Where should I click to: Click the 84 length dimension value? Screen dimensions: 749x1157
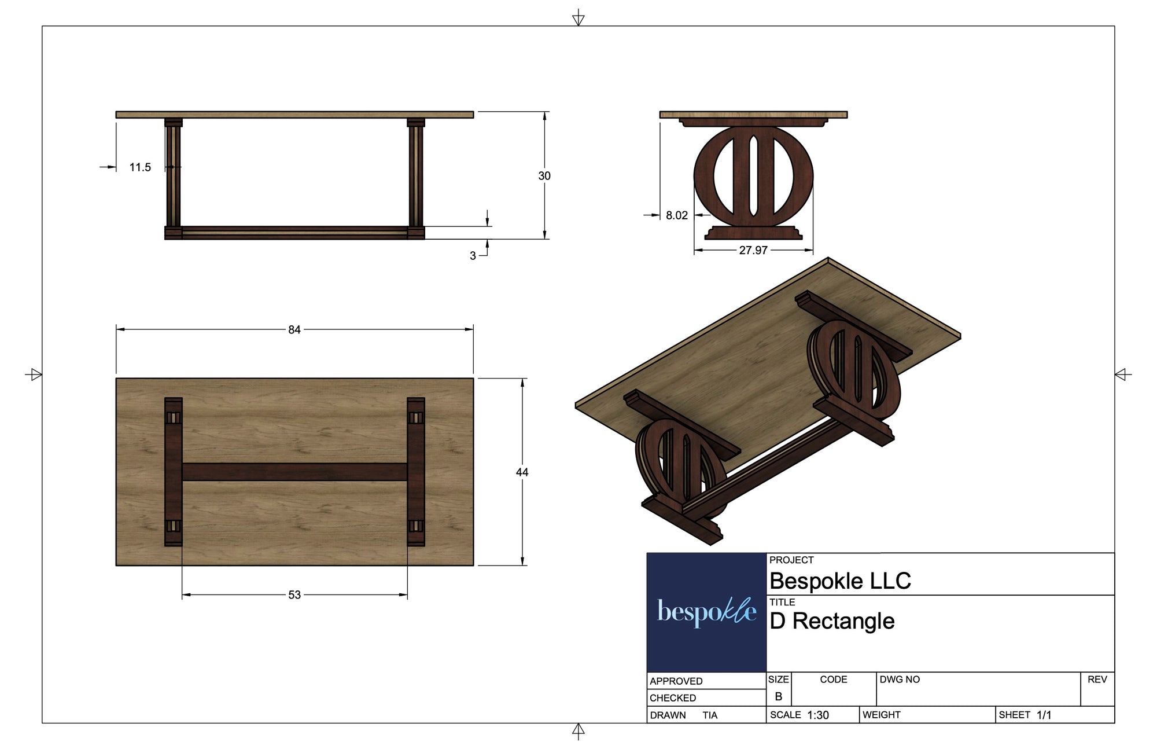(x=294, y=329)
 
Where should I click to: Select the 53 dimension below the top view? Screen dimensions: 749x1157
(x=294, y=594)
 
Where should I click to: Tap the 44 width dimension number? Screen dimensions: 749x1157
(x=522, y=472)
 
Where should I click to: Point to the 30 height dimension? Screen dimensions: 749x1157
(x=544, y=175)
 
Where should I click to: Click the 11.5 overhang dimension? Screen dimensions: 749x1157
(x=140, y=167)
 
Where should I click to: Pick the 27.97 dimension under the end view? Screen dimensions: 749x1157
(x=753, y=250)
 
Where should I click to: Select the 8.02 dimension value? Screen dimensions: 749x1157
(x=676, y=215)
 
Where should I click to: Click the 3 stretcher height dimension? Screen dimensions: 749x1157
(x=473, y=255)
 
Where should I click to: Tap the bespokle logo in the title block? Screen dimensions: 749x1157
(x=706, y=612)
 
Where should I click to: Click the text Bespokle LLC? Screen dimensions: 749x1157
(x=840, y=581)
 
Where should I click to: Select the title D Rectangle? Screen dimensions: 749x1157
(x=831, y=621)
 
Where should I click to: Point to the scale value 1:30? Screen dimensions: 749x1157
(x=818, y=715)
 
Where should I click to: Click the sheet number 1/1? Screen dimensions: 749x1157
(x=1044, y=715)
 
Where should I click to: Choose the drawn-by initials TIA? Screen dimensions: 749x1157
(x=710, y=715)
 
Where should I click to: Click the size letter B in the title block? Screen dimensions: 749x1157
(x=778, y=696)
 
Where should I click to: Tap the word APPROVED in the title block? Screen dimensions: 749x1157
(x=676, y=681)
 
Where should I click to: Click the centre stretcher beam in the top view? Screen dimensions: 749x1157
(x=294, y=472)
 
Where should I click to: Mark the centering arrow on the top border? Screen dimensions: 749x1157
(x=578, y=19)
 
